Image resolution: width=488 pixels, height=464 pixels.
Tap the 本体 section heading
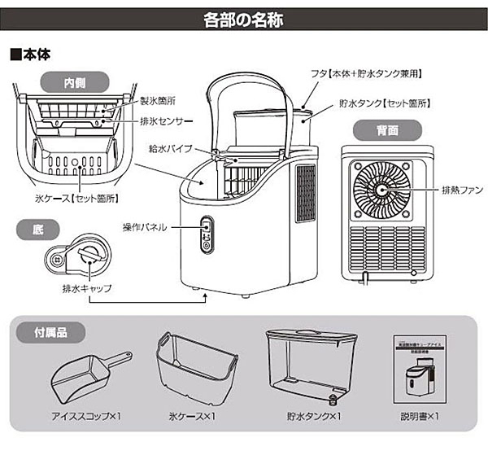click(33, 55)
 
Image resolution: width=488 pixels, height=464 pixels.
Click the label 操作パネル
click(144, 227)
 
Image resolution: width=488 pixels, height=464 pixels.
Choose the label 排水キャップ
click(84, 288)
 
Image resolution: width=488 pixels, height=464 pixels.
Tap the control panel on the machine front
click(206, 234)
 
